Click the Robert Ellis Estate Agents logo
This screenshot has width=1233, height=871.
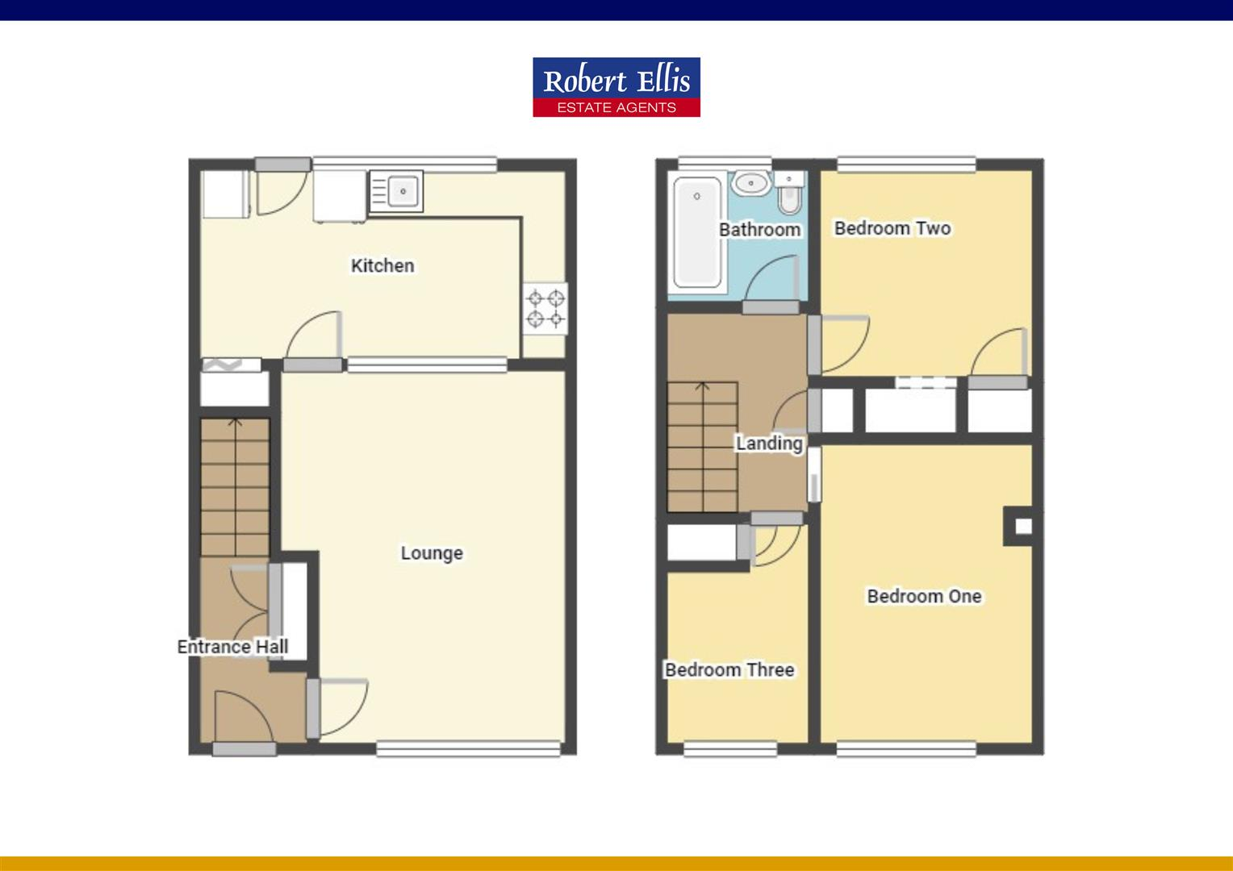point(616,87)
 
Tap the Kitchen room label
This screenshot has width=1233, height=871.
point(382,265)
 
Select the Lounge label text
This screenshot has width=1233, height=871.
point(432,553)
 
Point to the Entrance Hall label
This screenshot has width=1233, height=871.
point(232,647)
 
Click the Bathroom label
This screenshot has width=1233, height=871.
point(759,230)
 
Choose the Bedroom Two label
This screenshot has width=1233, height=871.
point(892,228)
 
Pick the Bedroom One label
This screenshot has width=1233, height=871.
point(924,597)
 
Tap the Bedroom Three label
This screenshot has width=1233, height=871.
point(729,670)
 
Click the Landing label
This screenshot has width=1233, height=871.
point(768,444)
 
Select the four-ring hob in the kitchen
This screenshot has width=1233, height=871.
point(545,309)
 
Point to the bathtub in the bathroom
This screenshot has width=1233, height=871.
point(697,231)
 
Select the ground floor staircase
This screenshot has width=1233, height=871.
point(235,487)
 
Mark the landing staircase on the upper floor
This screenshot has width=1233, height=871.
point(702,447)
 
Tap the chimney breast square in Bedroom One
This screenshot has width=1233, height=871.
point(1022,527)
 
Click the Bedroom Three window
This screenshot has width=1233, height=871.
point(729,749)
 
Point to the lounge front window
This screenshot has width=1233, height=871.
point(468,748)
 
